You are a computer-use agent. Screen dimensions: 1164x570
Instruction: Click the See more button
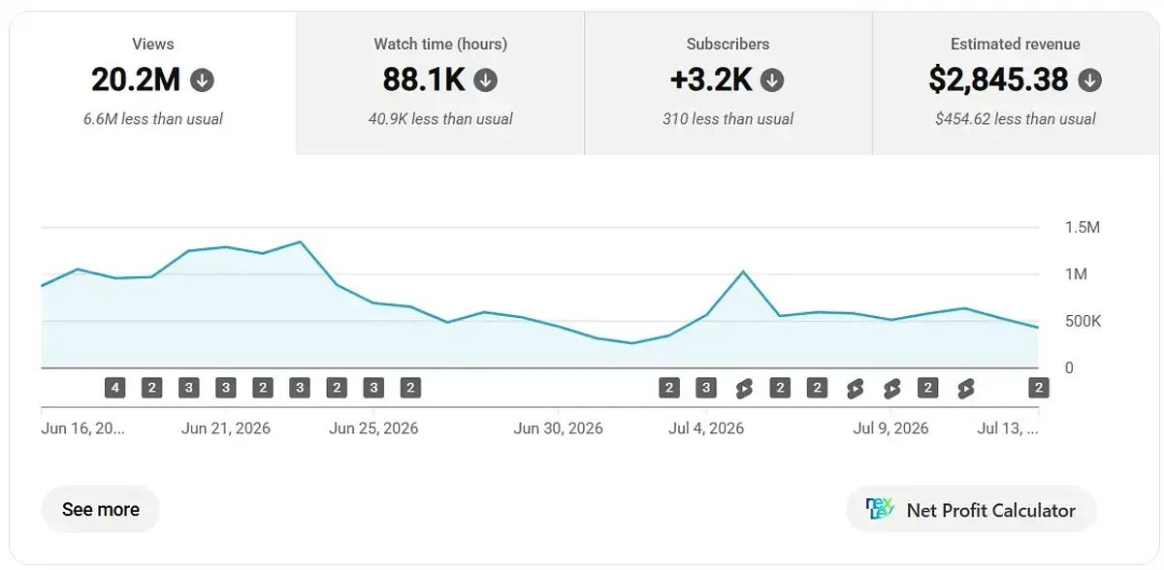click(x=100, y=509)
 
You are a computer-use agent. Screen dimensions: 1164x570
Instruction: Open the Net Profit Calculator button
click(x=971, y=510)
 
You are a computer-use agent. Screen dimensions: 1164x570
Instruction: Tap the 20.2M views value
click(x=136, y=79)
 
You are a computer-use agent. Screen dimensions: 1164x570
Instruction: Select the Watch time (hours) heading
click(x=440, y=45)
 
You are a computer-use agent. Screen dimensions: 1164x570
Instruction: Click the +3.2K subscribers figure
click(x=711, y=79)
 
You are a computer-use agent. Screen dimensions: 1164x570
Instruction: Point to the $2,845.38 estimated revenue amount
click(x=998, y=79)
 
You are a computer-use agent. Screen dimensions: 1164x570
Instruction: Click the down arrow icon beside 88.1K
click(x=485, y=80)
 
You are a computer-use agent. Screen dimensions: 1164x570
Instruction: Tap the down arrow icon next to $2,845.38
click(x=1089, y=80)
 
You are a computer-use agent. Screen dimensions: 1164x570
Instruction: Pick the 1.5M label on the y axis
click(x=1083, y=228)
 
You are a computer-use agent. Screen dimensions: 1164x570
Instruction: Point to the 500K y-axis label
click(x=1083, y=321)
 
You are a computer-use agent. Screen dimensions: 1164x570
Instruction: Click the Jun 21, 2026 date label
click(x=225, y=428)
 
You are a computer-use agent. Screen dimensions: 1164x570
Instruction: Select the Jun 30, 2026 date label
click(x=558, y=428)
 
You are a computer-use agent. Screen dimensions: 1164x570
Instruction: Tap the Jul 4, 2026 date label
click(x=706, y=428)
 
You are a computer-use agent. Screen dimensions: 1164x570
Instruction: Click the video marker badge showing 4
click(x=114, y=388)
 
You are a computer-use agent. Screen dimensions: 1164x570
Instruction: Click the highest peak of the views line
click(x=301, y=242)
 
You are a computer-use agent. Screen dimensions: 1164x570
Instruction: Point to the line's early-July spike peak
click(x=743, y=271)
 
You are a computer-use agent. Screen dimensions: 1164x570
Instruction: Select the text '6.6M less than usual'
click(x=153, y=119)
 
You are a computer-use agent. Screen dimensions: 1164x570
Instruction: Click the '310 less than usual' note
click(x=727, y=119)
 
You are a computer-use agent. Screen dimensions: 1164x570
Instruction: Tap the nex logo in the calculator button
click(x=879, y=508)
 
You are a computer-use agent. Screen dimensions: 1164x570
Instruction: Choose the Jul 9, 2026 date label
click(x=890, y=428)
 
